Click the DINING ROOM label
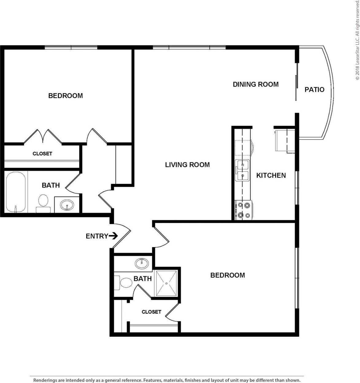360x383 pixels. (255, 84)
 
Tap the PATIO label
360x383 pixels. (314, 90)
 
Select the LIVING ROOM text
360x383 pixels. (187, 165)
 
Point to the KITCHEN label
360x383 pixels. (271, 175)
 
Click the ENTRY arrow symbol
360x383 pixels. (113, 236)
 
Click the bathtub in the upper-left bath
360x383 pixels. (16, 192)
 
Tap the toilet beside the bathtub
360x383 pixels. (43, 203)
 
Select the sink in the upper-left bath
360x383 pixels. (67, 205)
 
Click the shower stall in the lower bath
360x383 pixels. (166, 284)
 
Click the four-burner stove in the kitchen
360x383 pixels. (243, 210)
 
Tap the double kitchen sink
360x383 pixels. (242, 170)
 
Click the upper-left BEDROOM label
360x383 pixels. (65, 96)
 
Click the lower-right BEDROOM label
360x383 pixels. (227, 275)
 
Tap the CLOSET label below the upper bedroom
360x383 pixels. (42, 153)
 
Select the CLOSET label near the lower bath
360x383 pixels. (151, 312)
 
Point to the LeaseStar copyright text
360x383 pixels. (357, 40)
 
